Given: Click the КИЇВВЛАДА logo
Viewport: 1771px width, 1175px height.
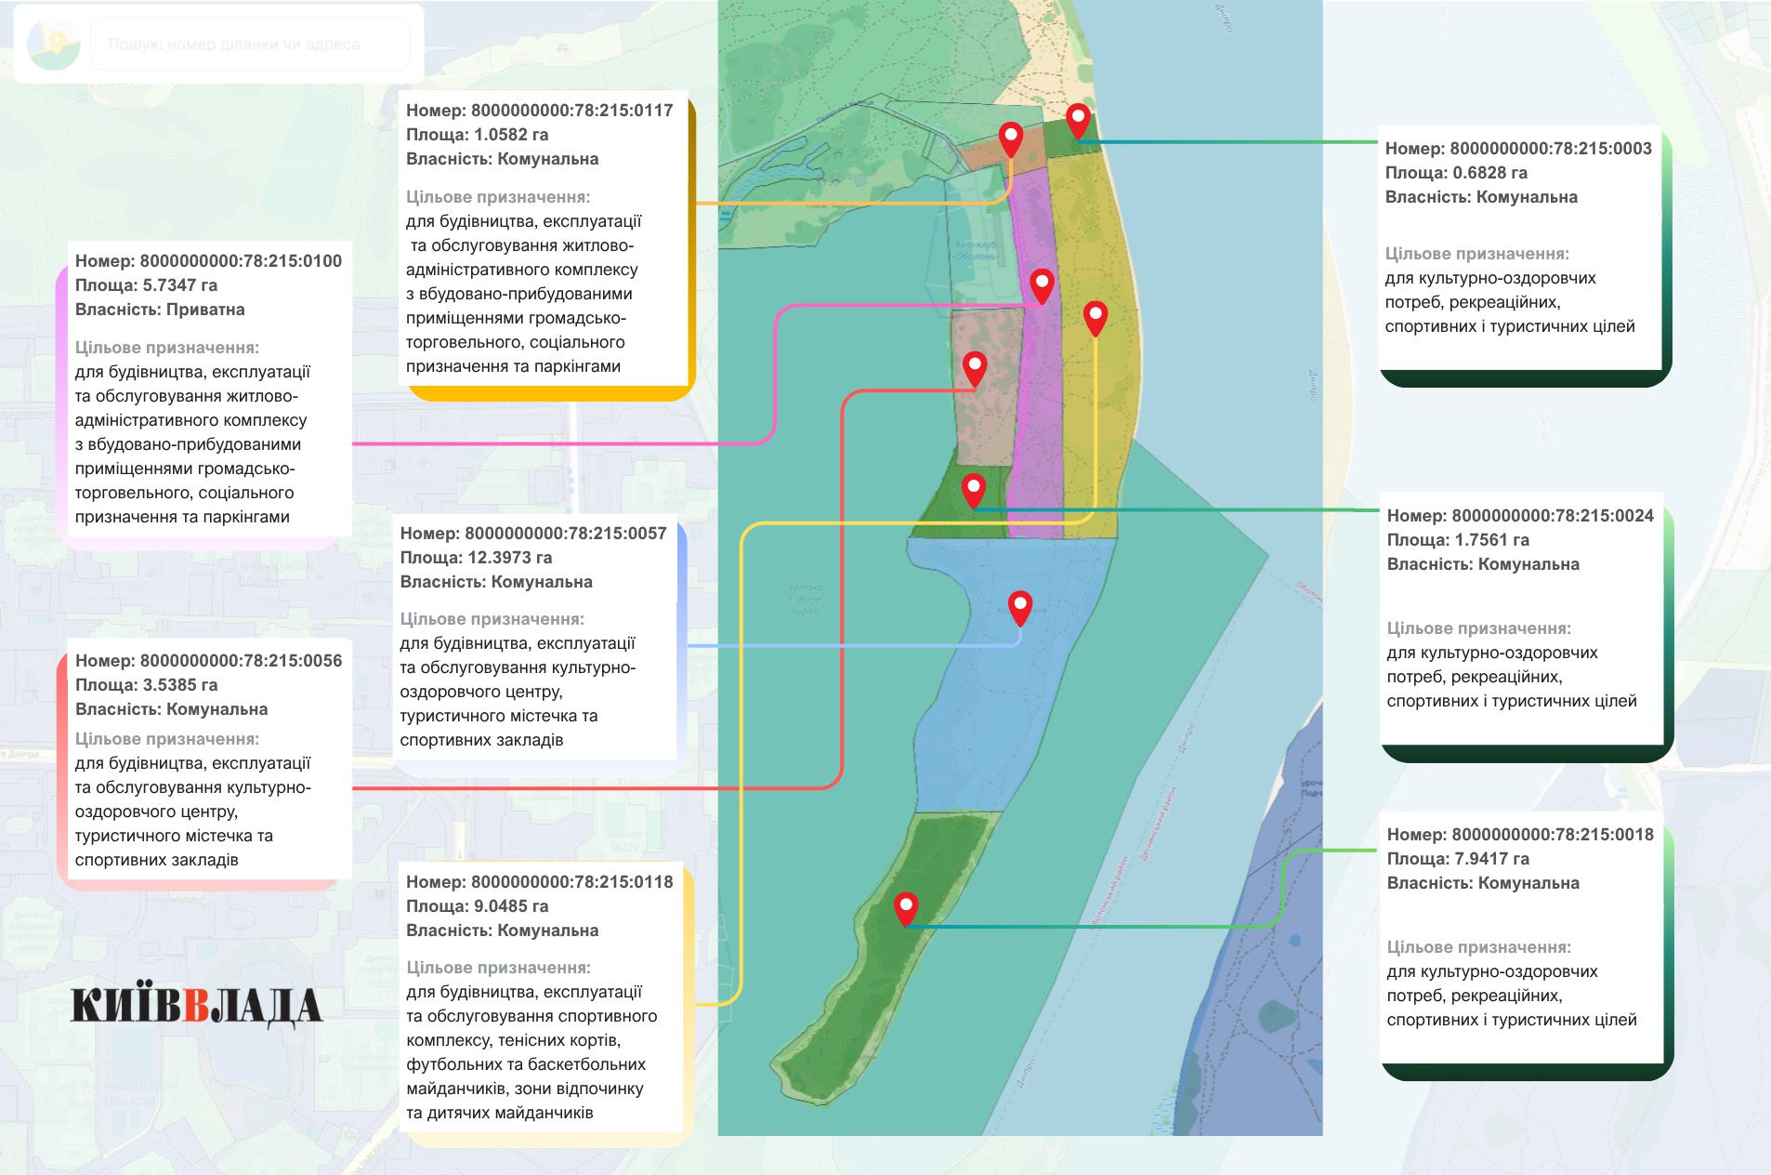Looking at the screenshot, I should (196, 1007).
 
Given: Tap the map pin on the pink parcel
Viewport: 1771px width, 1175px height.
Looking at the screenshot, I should (1042, 285).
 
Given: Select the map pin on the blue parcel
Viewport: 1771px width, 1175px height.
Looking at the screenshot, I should (1020, 607).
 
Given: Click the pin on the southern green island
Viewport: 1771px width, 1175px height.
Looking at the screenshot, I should (906, 907).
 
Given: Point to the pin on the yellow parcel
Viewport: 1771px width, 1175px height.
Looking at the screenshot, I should (1095, 317).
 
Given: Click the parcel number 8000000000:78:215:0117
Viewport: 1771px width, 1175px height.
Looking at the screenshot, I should (571, 111).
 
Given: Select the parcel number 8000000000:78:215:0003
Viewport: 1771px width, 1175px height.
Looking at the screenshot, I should (1550, 149).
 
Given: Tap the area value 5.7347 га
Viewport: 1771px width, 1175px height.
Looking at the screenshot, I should (179, 285).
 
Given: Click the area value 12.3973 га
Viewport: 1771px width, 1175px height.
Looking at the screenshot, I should (509, 558).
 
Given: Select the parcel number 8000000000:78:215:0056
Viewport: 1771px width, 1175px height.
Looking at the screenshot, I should (241, 661).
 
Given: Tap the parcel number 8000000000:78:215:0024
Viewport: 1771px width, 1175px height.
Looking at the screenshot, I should (1552, 516).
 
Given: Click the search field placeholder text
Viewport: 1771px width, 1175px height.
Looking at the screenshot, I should (234, 44).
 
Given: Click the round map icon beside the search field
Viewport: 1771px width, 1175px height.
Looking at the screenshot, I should (53, 43).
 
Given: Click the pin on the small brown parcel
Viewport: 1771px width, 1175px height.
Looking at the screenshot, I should (1010, 139).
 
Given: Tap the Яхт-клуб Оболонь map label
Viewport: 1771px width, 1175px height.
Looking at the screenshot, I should (975, 251).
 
